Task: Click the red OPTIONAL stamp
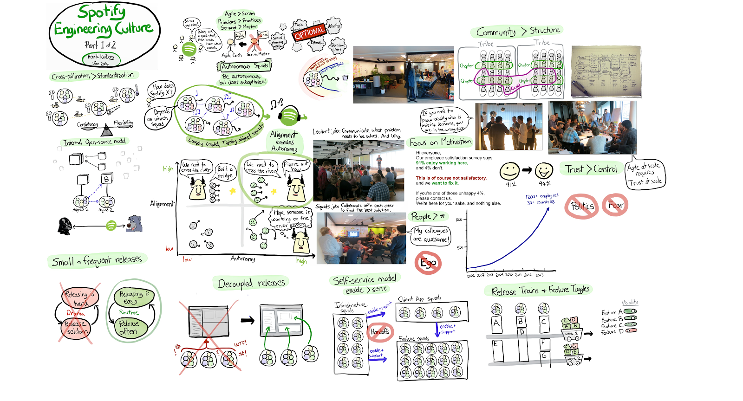[x=309, y=32]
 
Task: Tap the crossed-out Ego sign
[x=428, y=263]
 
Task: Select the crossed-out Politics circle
[x=581, y=206]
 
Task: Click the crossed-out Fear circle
[x=615, y=205]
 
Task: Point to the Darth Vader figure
[x=65, y=226]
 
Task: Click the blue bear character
[x=134, y=224]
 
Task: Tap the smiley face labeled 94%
[x=544, y=171]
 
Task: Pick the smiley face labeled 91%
[x=509, y=171]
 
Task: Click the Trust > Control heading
[x=591, y=169]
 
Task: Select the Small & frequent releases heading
[x=97, y=261]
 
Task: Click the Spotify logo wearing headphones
[x=289, y=114]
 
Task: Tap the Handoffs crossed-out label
[x=380, y=331]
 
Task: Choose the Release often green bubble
[x=128, y=327]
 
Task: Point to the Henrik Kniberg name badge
[x=101, y=58]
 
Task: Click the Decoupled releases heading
[x=251, y=283]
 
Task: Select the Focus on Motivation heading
[x=440, y=142]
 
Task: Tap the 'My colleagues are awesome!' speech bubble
[x=431, y=235]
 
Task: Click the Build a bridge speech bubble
[x=226, y=172]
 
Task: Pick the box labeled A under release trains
[x=496, y=323]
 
